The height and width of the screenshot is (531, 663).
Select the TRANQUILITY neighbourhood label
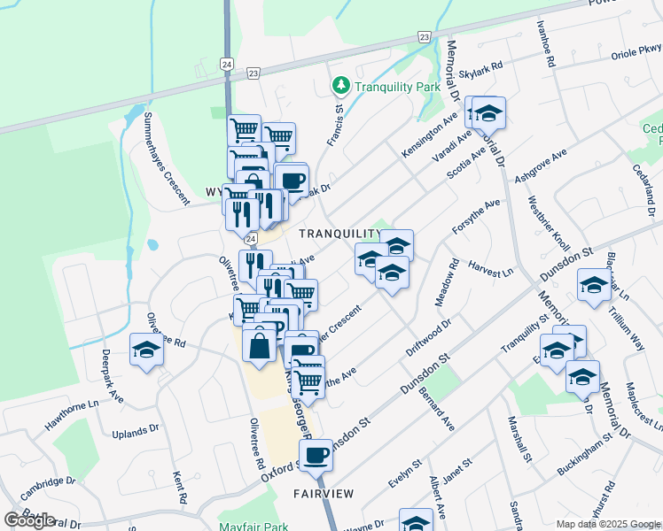tap(339, 234)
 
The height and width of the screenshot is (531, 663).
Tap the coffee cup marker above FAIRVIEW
tap(316, 456)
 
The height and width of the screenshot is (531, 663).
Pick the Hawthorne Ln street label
tap(72, 413)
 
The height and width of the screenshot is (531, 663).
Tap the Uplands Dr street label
tap(135, 434)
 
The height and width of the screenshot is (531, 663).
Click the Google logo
tap(29, 520)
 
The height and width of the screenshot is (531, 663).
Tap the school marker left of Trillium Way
tap(593, 286)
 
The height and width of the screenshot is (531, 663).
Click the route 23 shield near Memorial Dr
tap(425, 36)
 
